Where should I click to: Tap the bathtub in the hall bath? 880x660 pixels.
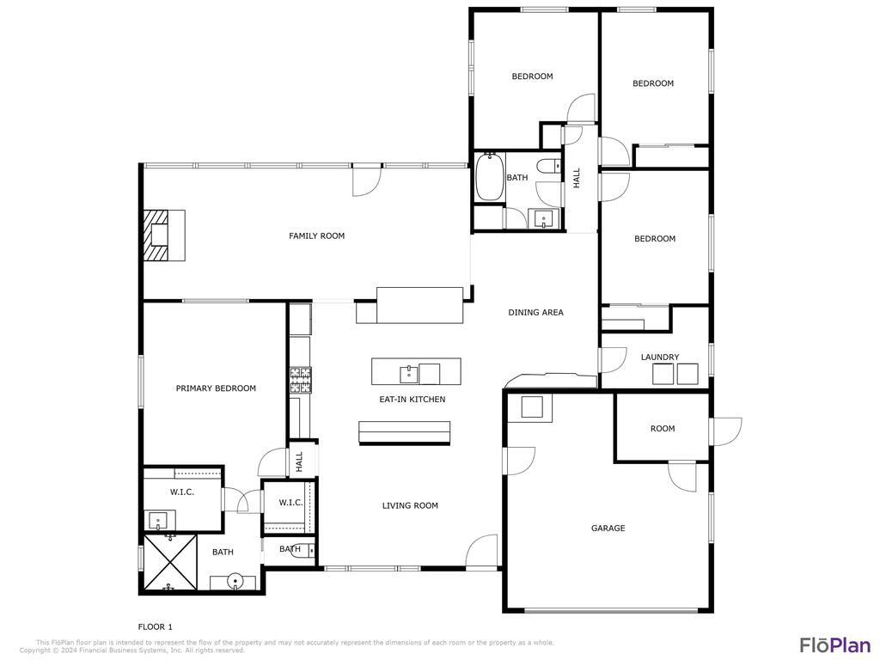(489, 177)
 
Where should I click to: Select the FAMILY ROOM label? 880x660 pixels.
(316, 235)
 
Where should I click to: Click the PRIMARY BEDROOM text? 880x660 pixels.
(216, 388)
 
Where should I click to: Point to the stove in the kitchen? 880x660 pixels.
(300, 375)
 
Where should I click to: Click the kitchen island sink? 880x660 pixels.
(408, 373)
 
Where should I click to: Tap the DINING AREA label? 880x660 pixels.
(535, 313)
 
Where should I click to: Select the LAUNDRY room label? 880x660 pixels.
(660, 357)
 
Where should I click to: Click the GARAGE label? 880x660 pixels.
(608, 529)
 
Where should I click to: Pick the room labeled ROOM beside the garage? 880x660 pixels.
(663, 429)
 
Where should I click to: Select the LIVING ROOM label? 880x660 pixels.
(410, 506)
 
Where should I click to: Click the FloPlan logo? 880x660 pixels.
(834, 645)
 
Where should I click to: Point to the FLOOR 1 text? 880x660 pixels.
(156, 626)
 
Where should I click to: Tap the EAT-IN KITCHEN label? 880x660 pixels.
(412, 400)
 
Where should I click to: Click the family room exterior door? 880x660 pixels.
(365, 180)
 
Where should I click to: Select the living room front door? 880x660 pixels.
(483, 552)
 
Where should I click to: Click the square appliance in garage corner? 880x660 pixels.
(532, 406)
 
